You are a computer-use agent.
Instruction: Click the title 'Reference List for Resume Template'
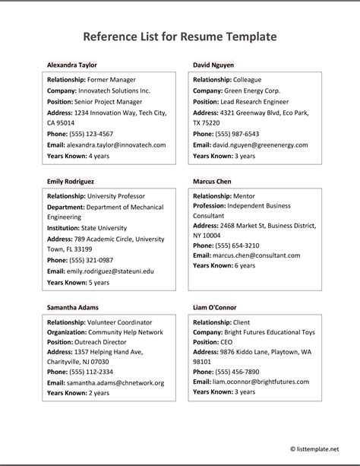point(179,36)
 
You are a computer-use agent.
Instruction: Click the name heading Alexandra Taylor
point(72,65)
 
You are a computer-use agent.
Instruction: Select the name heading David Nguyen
point(213,65)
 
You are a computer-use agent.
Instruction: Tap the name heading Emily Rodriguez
point(71,182)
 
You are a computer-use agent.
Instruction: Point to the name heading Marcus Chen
point(213,182)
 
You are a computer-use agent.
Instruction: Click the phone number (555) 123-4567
point(90,134)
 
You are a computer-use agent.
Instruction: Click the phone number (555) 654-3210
point(236,246)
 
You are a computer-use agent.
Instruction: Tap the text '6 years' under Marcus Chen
point(245,266)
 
